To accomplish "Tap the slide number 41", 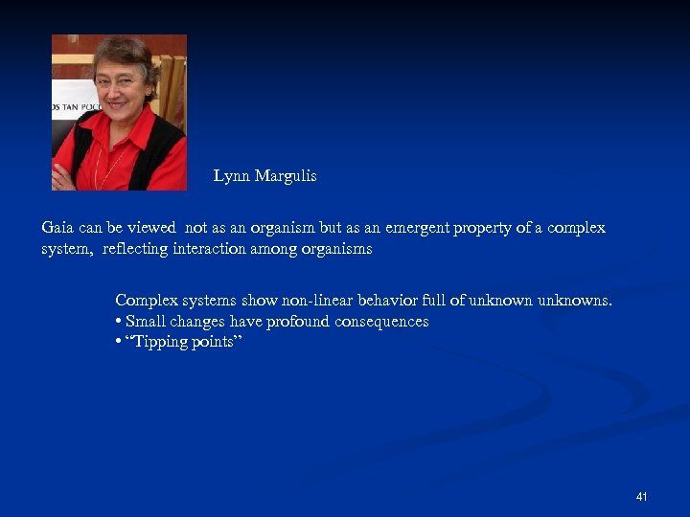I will pos(641,497).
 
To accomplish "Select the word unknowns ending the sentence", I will pos(574,301).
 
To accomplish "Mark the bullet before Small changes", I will pos(118,322).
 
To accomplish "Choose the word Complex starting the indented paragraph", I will pos(143,301).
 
